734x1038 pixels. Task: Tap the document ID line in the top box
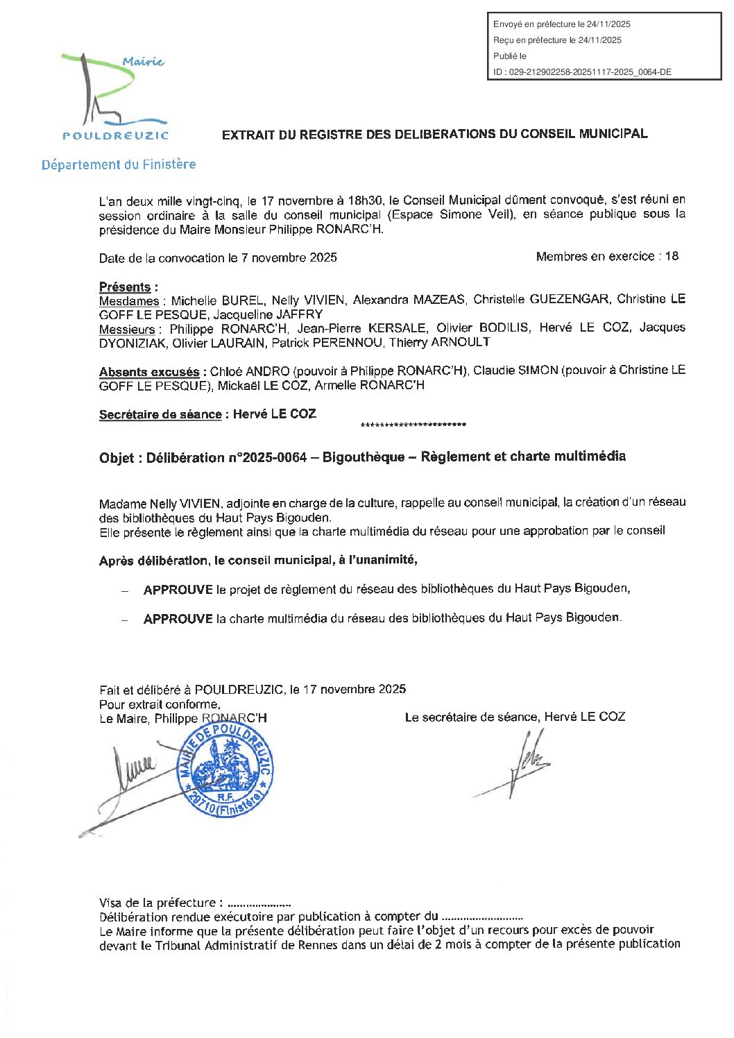582,72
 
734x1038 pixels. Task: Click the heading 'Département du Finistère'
119,165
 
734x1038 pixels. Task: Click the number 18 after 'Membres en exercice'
672,257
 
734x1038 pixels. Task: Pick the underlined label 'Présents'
125,287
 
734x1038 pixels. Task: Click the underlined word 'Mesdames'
129,301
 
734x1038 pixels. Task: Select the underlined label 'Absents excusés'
149,372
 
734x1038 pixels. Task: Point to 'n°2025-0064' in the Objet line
267,457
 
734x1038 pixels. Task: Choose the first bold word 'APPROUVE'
178,590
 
